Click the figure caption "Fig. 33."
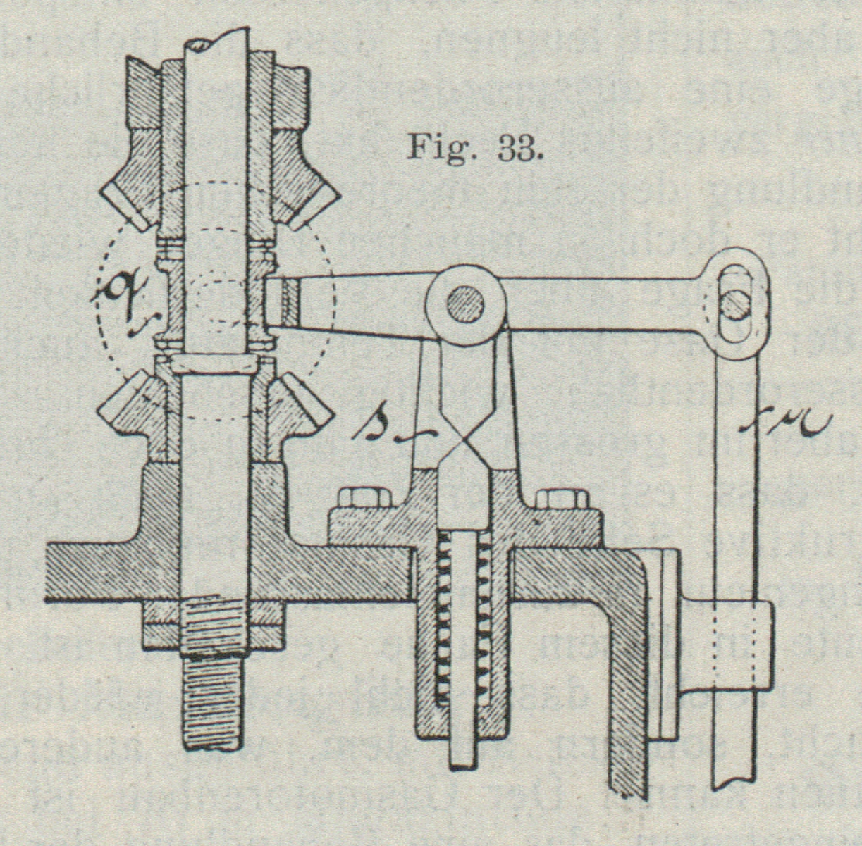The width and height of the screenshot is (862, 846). tap(475, 149)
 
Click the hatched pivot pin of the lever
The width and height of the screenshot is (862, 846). tap(467, 304)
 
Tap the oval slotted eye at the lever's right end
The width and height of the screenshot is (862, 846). tap(734, 303)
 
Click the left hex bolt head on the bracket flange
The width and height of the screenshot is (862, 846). tap(364, 498)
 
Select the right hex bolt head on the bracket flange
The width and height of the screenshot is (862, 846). tap(562, 498)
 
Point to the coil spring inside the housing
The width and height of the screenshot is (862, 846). tap(464, 620)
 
